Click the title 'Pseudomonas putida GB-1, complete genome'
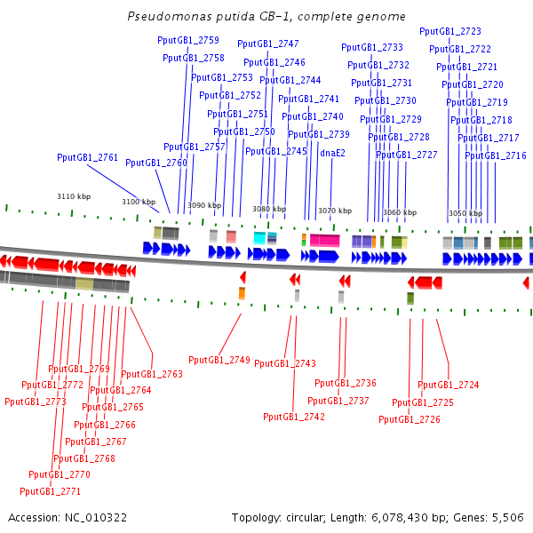[266, 17]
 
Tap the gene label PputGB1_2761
[87, 157]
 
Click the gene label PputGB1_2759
[187, 40]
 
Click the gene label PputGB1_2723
[449, 31]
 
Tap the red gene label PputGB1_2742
[294, 417]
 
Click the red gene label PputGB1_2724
[448, 385]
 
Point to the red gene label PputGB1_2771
[50, 491]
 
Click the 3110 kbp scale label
[74, 196]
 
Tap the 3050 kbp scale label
[465, 213]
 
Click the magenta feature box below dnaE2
[323, 240]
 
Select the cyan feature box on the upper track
[259, 238]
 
